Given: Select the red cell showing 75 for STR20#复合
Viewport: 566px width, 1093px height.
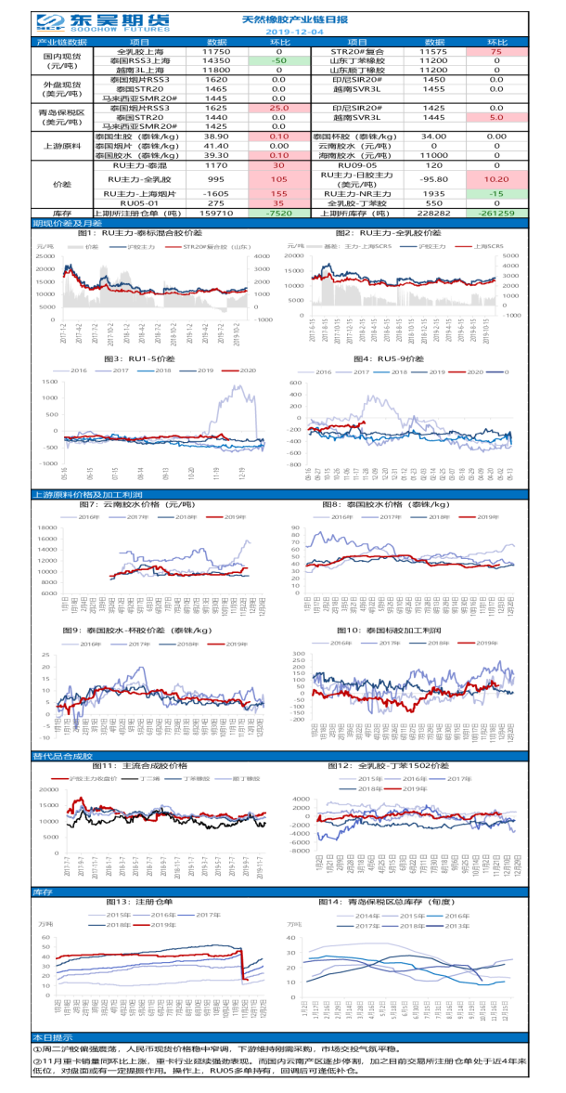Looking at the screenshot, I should (496, 52).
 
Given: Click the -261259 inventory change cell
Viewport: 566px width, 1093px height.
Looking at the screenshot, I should (496, 212).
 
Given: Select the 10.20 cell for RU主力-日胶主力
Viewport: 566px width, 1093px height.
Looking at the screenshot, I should (496, 179).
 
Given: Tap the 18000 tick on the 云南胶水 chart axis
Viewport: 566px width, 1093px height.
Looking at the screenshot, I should (46, 527).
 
